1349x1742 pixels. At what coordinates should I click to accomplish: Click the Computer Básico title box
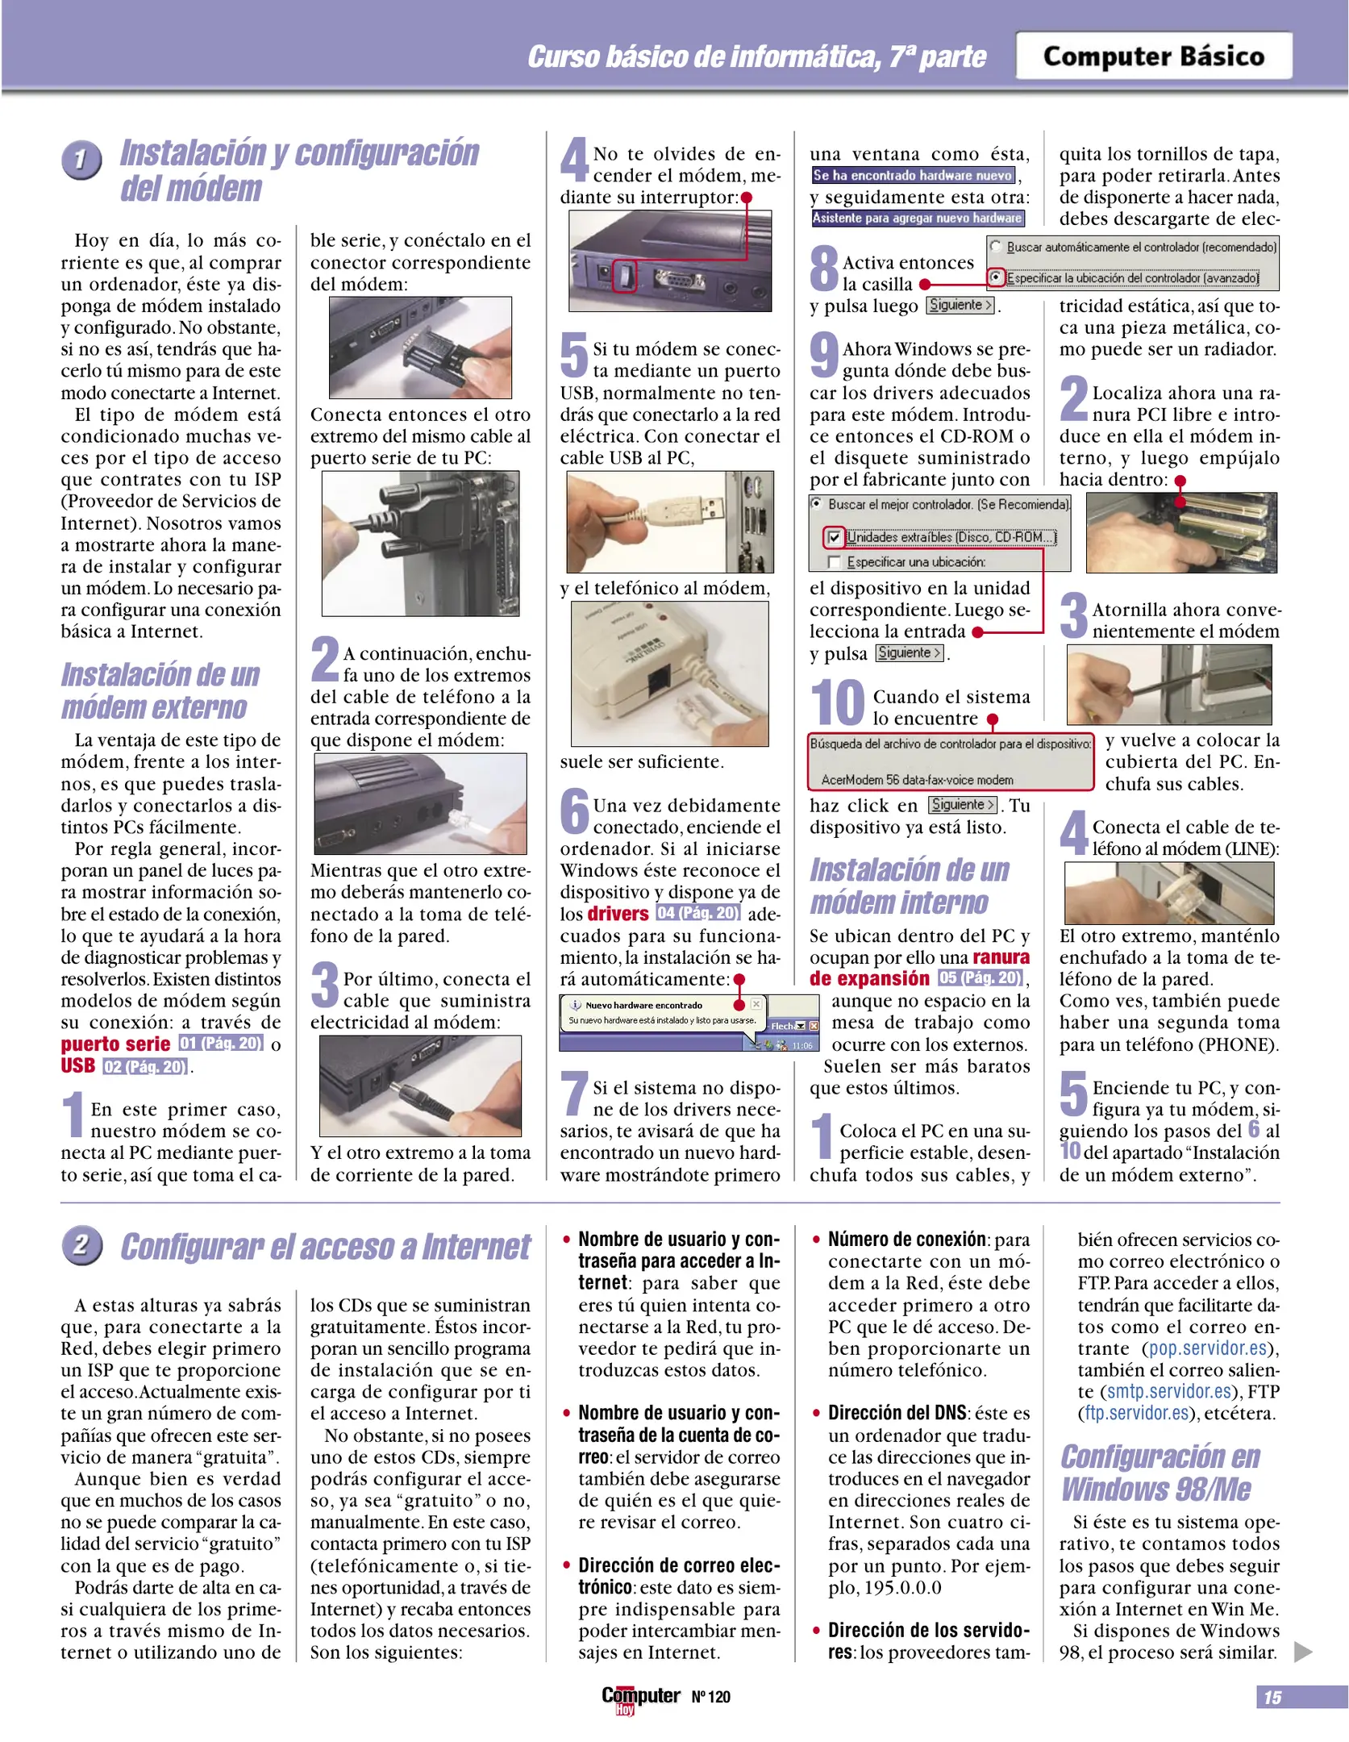(x=1153, y=56)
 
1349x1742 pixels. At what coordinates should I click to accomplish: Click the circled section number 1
(x=81, y=160)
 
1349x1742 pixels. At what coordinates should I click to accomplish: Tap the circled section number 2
(x=81, y=1245)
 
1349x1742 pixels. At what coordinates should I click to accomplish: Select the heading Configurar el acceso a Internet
(x=325, y=1247)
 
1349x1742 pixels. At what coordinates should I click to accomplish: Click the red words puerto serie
(x=115, y=1044)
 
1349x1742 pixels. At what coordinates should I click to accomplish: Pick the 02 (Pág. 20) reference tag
(x=145, y=1066)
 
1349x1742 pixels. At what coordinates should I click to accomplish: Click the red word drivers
(x=618, y=913)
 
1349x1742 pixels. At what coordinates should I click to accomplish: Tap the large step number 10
(x=837, y=703)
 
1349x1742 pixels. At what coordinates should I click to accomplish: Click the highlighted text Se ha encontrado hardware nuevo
(x=913, y=175)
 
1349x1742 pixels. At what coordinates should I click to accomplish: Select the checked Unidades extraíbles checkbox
(x=835, y=537)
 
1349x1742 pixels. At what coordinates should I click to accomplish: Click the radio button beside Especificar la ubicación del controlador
(x=996, y=277)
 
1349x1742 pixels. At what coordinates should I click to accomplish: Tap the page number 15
(x=1272, y=1697)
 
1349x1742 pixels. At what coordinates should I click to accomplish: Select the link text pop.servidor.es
(x=1208, y=1348)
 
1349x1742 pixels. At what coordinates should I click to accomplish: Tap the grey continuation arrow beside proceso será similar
(x=1302, y=1652)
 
